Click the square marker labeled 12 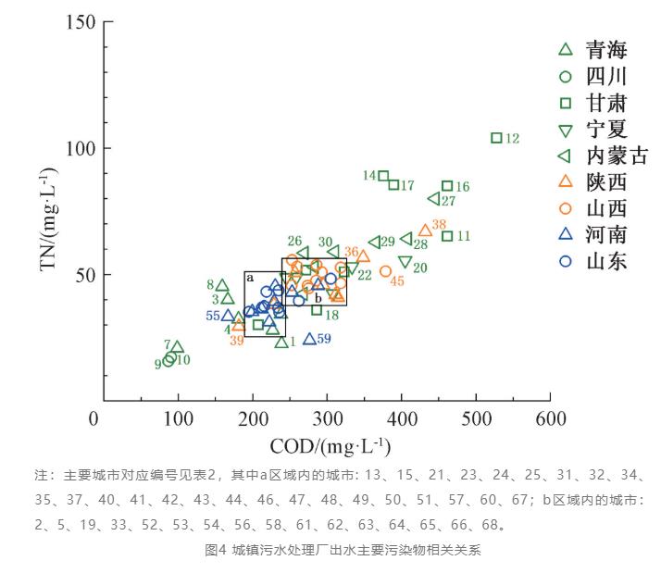[496, 138]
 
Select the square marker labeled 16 [447, 186]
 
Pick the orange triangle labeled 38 [425, 230]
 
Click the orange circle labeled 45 [385, 271]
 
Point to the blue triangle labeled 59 [309, 339]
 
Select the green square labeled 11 [447, 236]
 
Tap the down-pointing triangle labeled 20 [405, 262]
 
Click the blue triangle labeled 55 [228, 316]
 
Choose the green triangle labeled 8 [222, 285]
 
